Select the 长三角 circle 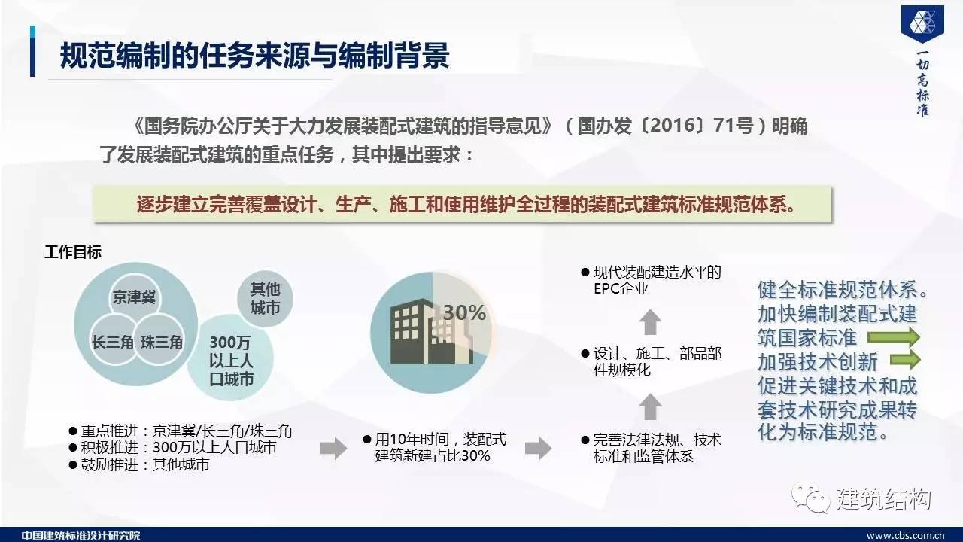click(x=114, y=340)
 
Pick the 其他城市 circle click(x=266, y=299)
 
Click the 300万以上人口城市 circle click(x=230, y=358)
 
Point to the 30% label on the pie click(x=464, y=312)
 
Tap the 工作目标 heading click(x=73, y=252)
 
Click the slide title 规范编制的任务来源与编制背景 click(x=254, y=55)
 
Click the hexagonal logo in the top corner click(x=923, y=23)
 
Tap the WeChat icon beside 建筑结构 click(x=810, y=498)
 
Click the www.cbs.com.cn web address click(x=905, y=536)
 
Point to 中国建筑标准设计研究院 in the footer click(x=81, y=535)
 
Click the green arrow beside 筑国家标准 click(x=894, y=336)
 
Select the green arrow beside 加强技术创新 click(x=905, y=360)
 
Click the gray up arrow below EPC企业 click(x=650, y=322)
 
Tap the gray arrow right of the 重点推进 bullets click(x=333, y=448)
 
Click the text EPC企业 click(x=621, y=288)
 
